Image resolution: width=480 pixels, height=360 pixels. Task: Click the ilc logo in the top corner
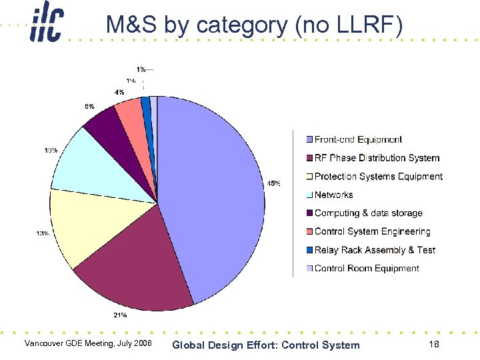(x=46, y=25)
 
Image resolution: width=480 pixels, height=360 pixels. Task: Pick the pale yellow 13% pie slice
(x=87, y=223)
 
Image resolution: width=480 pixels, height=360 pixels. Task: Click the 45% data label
(x=273, y=183)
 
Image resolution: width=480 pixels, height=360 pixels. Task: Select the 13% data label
(x=42, y=233)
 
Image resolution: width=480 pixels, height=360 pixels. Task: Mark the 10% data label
(x=51, y=151)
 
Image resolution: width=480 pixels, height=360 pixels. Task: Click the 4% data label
(x=119, y=93)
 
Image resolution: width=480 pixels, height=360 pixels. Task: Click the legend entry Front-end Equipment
(x=358, y=140)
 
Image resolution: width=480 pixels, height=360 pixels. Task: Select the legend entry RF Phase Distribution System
(x=377, y=158)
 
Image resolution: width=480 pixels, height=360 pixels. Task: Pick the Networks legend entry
(x=333, y=195)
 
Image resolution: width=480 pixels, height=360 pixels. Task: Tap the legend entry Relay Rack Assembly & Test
(x=375, y=250)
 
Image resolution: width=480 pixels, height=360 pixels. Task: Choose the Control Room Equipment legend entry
(x=367, y=268)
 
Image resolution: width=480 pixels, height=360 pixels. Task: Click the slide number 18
(x=433, y=344)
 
